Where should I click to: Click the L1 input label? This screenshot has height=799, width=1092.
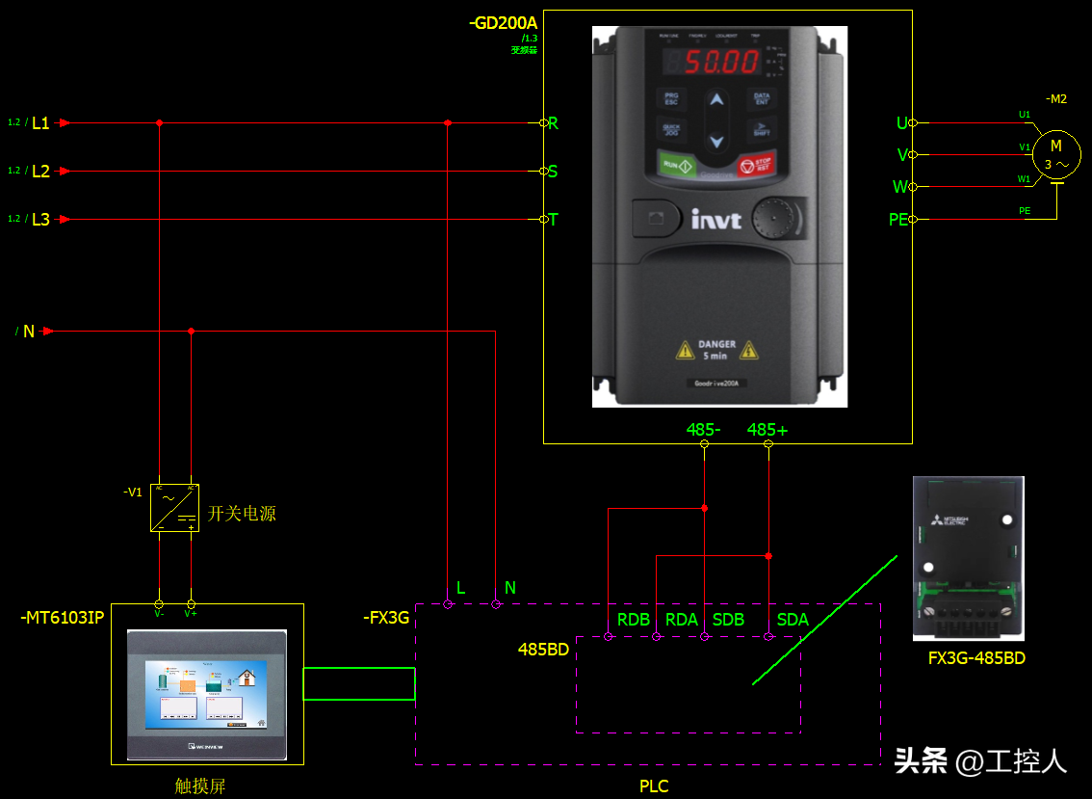[40, 123]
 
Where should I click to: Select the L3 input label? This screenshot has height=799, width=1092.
[40, 220]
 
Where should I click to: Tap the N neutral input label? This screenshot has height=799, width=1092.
[29, 332]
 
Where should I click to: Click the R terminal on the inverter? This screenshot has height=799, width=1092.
[553, 123]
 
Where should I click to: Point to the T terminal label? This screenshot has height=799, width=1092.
[553, 220]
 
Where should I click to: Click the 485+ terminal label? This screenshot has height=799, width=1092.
[767, 430]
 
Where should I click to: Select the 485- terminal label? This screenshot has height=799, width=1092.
[704, 430]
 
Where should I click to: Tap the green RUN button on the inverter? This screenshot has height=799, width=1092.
[678, 165]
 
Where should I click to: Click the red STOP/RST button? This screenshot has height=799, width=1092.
[754, 165]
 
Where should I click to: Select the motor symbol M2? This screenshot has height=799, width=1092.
[1056, 154]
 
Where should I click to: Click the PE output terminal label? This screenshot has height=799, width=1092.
[897, 220]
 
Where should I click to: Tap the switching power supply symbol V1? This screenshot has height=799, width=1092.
[174, 508]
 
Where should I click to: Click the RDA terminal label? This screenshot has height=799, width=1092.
[682, 620]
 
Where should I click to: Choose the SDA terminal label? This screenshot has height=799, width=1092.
[793, 620]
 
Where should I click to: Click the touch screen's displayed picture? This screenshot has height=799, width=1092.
[206, 692]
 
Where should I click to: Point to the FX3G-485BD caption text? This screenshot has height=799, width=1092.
[975, 658]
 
